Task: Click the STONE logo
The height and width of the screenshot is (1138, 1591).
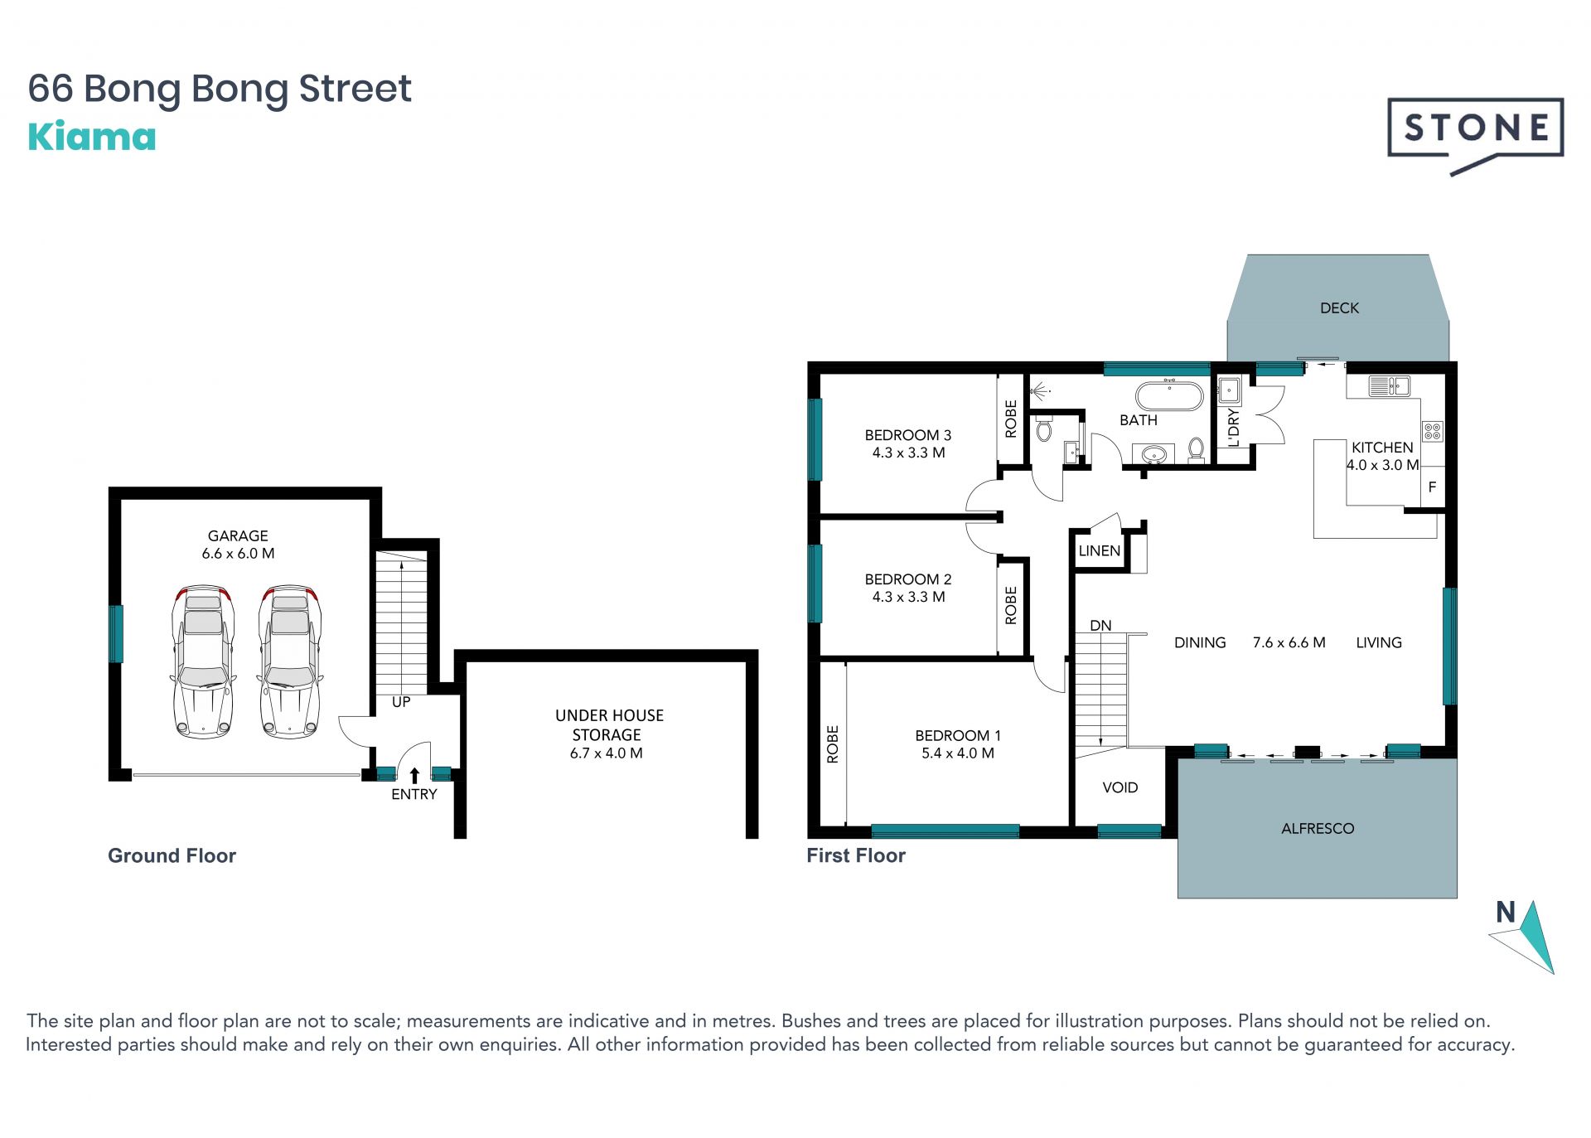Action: (x=1475, y=134)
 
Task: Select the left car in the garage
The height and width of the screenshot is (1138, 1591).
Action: (x=203, y=661)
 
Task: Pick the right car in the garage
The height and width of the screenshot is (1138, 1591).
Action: (x=290, y=661)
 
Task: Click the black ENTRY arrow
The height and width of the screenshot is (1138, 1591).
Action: (x=414, y=775)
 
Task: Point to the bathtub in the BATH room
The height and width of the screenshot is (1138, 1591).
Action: (x=1169, y=396)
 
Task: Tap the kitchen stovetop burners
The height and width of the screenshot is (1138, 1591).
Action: (x=1433, y=431)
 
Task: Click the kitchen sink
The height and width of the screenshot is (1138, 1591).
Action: (x=1389, y=385)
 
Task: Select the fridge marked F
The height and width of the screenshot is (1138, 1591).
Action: (x=1433, y=487)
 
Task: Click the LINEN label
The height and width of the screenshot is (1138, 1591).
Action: (x=1099, y=550)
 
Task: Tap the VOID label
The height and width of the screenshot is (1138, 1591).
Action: (x=1120, y=787)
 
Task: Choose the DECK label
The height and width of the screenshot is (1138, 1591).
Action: (x=1339, y=308)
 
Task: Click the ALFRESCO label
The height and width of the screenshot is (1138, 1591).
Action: (x=1318, y=828)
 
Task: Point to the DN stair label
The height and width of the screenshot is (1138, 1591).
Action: (x=1100, y=626)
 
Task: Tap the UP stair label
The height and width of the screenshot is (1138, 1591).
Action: (x=401, y=702)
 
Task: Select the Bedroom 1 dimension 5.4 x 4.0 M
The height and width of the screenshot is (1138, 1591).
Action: (x=958, y=753)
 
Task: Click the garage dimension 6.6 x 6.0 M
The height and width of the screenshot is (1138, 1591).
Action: (x=238, y=554)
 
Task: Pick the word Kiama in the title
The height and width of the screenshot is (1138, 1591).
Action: (x=92, y=137)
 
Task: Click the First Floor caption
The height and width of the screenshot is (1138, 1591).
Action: (x=856, y=855)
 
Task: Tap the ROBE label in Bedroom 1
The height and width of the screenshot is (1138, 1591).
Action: (x=833, y=744)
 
